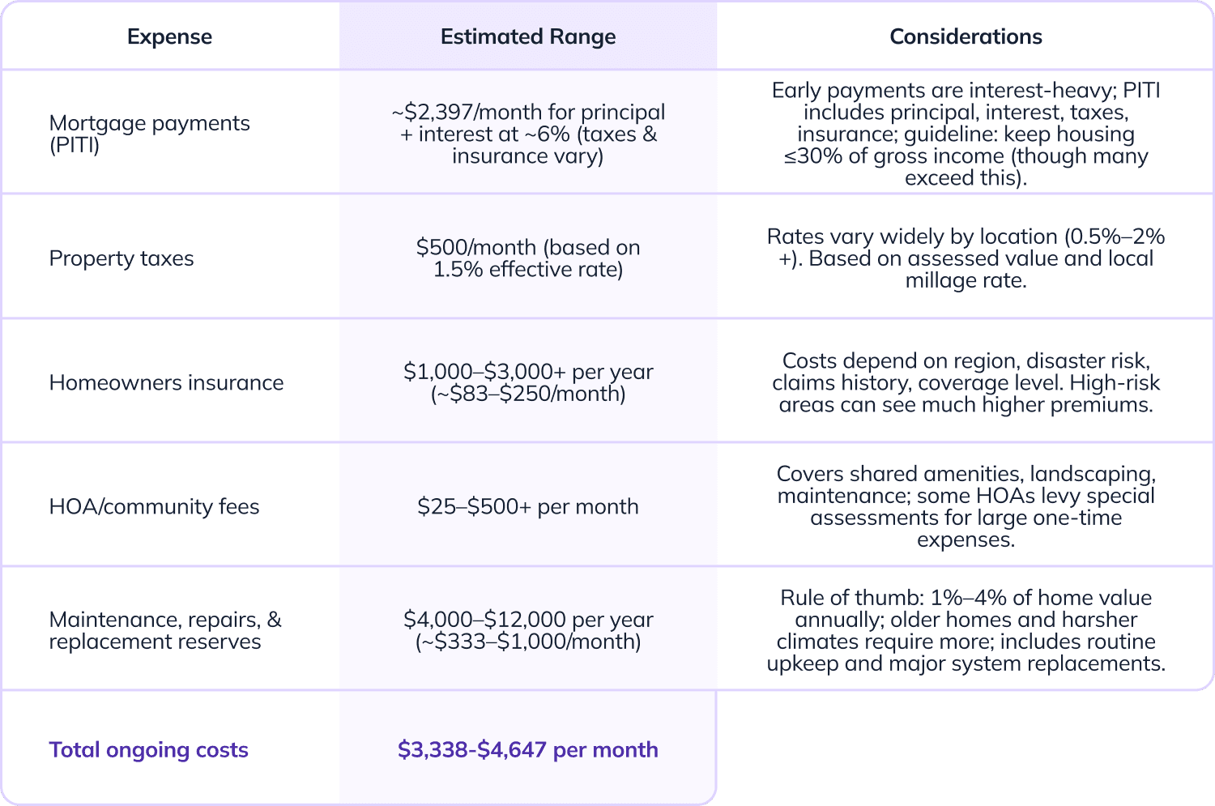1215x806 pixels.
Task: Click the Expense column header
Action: pyautogui.click(x=169, y=36)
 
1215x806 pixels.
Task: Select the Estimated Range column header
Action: pyautogui.click(x=528, y=36)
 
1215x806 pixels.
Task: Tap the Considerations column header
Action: pyautogui.click(x=966, y=36)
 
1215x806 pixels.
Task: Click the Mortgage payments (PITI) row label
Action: pyautogui.click(x=149, y=134)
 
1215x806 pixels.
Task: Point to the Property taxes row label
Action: pyautogui.click(x=122, y=258)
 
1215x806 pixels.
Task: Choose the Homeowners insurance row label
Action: pyautogui.click(x=166, y=382)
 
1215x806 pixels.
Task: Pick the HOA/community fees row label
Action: pyautogui.click(x=154, y=506)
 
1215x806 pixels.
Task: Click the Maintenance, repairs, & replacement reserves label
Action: pyautogui.click(x=164, y=630)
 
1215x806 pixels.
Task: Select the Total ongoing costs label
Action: pyautogui.click(x=148, y=749)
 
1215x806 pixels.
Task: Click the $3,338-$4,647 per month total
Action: pyautogui.click(x=527, y=749)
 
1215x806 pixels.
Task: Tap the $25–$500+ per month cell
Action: pyautogui.click(x=527, y=506)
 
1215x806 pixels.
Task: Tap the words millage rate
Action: pyautogui.click(x=966, y=280)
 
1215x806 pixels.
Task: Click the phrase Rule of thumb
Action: pyautogui.click(x=849, y=598)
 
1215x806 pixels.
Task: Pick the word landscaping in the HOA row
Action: pyautogui.click(x=1093, y=474)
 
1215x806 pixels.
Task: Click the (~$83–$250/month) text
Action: pyautogui.click(x=527, y=394)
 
